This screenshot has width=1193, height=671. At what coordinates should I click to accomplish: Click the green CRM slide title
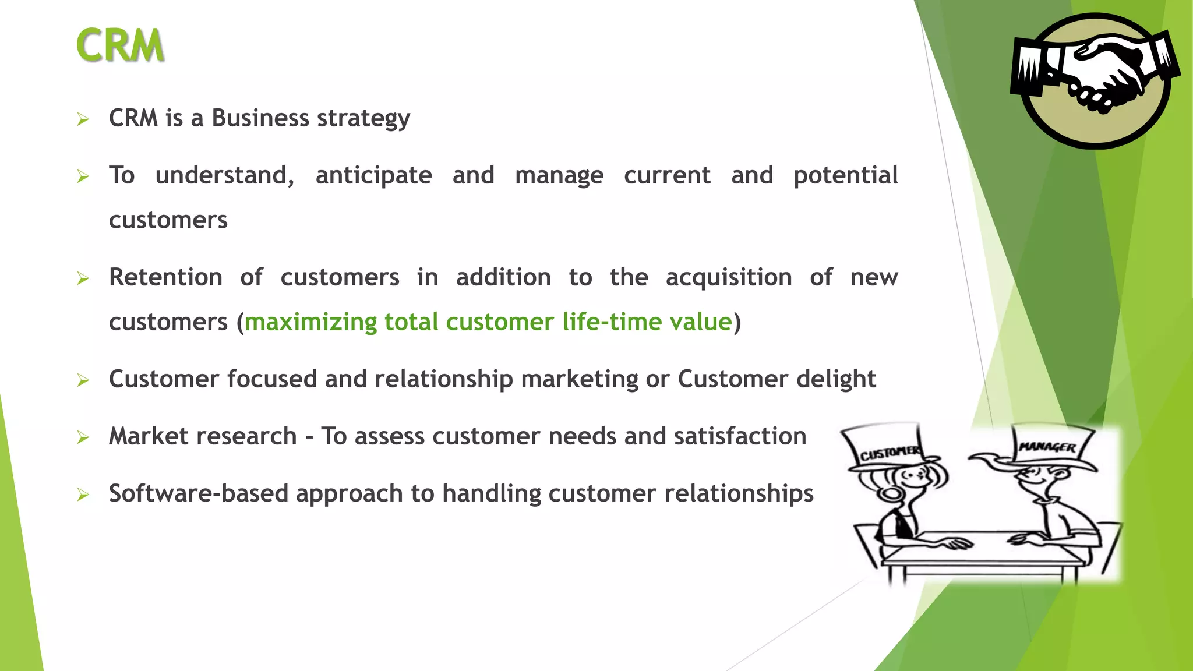(120, 45)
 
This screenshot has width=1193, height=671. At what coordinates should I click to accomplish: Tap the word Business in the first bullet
(260, 118)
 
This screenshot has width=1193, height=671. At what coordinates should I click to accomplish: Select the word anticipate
(373, 176)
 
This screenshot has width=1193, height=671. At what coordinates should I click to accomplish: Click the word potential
(845, 176)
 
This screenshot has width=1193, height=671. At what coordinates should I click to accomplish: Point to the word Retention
(165, 277)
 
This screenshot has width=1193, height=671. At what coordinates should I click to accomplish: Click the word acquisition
(728, 278)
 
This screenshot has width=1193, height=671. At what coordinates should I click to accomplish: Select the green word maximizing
(310, 322)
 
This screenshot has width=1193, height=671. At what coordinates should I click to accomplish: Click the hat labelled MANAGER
(1049, 446)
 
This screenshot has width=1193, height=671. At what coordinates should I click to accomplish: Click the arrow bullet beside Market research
(83, 437)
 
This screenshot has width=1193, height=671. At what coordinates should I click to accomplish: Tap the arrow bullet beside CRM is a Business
(83, 119)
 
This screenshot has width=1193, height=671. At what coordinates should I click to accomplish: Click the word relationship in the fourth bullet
(443, 380)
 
